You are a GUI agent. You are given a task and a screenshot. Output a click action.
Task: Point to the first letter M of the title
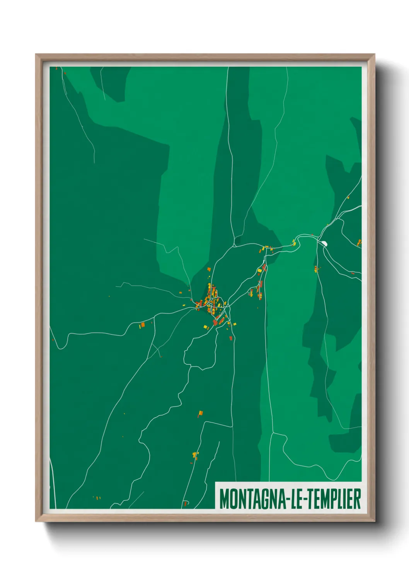click(x=224, y=499)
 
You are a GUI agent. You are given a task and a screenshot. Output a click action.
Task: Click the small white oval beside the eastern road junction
click(x=324, y=243)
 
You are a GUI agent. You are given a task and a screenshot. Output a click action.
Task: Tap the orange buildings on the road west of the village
click(x=142, y=325)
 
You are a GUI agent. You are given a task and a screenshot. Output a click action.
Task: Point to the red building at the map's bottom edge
click(x=186, y=503)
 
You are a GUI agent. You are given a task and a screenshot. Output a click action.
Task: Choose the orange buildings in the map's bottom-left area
click(x=97, y=497)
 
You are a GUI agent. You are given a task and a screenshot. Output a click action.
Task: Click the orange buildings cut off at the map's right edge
click(x=359, y=242)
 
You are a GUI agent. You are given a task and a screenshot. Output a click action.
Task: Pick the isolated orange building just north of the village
click(x=209, y=269)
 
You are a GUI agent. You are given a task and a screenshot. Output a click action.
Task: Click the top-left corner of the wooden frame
click(x=36, y=55)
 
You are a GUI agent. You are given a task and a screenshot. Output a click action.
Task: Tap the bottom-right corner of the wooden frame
click(x=374, y=521)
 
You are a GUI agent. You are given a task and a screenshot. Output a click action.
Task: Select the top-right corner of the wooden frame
click(x=374, y=55)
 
